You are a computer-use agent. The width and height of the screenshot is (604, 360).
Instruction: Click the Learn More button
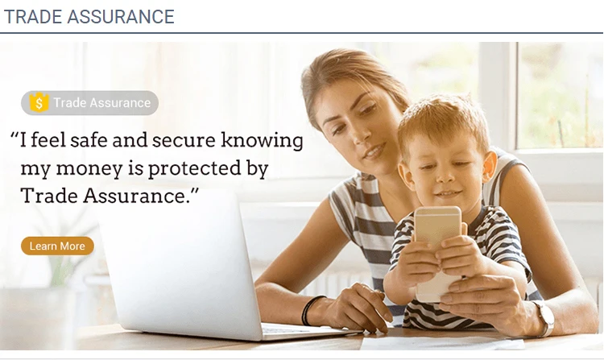tap(57, 246)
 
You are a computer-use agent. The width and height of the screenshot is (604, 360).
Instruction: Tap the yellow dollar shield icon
tap(39, 102)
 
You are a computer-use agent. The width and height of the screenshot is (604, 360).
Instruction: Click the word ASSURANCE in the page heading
tap(121, 17)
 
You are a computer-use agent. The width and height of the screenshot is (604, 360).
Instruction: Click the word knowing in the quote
tap(262, 140)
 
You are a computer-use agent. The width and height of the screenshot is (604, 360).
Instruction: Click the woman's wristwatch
tap(544, 317)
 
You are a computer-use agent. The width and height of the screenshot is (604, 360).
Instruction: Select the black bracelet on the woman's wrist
tap(310, 309)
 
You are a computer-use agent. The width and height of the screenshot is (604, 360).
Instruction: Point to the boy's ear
tap(489, 167)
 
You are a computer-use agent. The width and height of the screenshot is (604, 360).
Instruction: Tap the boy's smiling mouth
tap(448, 193)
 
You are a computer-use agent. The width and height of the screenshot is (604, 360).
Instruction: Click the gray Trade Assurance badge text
tap(101, 103)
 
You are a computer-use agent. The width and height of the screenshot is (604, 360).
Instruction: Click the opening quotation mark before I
tap(14, 136)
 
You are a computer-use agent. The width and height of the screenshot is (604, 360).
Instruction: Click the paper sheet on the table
tap(443, 342)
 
